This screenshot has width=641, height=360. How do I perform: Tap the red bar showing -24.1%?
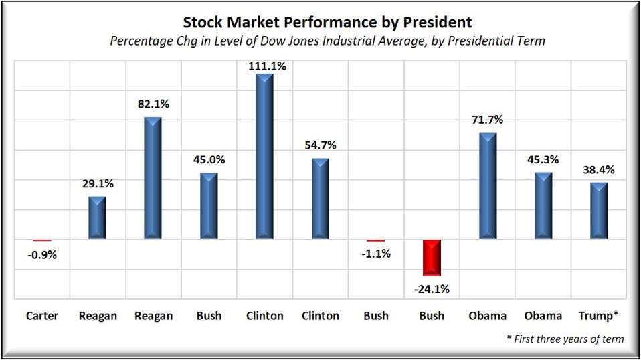432,258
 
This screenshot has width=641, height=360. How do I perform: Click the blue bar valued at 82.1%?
153,178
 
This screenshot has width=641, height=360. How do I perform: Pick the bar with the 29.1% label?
98,217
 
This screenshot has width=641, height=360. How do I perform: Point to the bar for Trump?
598,211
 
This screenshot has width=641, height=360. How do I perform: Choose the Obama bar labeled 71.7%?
487,185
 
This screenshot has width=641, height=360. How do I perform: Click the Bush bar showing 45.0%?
209,205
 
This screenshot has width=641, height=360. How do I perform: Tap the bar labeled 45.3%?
543,205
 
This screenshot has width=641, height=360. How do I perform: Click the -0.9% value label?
42,254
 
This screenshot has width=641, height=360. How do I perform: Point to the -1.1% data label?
375,254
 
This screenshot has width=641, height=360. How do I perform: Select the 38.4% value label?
598,170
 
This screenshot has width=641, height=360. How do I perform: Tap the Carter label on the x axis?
42,316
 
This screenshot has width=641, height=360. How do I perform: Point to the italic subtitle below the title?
327,41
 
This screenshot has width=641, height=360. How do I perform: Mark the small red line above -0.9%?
42,240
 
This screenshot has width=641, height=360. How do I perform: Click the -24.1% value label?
432,289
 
